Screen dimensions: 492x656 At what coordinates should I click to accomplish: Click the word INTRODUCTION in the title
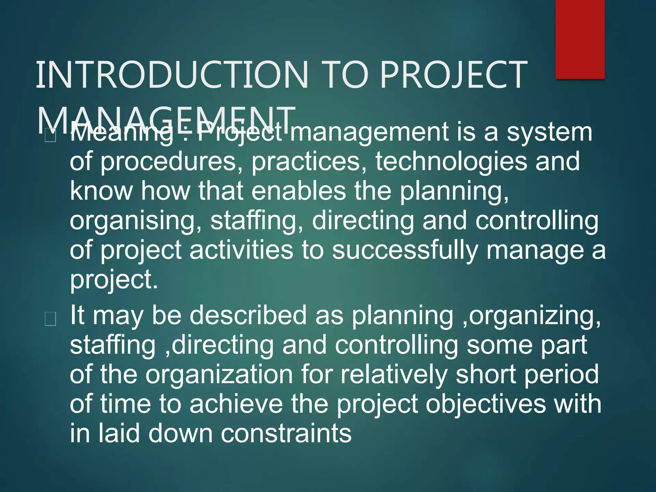pos(172,75)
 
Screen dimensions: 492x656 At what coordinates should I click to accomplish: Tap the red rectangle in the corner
pos(580,39)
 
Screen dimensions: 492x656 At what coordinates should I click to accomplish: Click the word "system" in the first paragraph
pos(549,132)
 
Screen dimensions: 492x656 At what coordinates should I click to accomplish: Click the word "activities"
pos(241,250)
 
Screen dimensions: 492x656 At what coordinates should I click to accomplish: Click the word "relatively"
pos(394,374)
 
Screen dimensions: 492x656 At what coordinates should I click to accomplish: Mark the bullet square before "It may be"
pos(51,319)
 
